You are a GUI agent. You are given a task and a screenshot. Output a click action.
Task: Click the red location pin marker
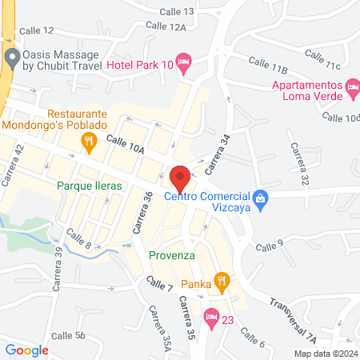[180, 177]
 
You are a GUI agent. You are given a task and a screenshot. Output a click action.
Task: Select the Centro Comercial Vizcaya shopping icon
[259, 197]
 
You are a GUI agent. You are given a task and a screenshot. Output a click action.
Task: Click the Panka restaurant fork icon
[222, 282]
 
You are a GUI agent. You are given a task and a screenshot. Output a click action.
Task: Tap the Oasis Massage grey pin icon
[11, 57]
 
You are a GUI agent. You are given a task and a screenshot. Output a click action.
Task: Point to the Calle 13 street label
[176, 11]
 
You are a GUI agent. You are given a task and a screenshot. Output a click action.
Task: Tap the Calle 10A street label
[126, 144]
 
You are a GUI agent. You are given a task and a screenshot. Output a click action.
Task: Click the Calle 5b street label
[68, 335]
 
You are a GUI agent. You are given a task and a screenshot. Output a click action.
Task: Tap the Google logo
[27, 350]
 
